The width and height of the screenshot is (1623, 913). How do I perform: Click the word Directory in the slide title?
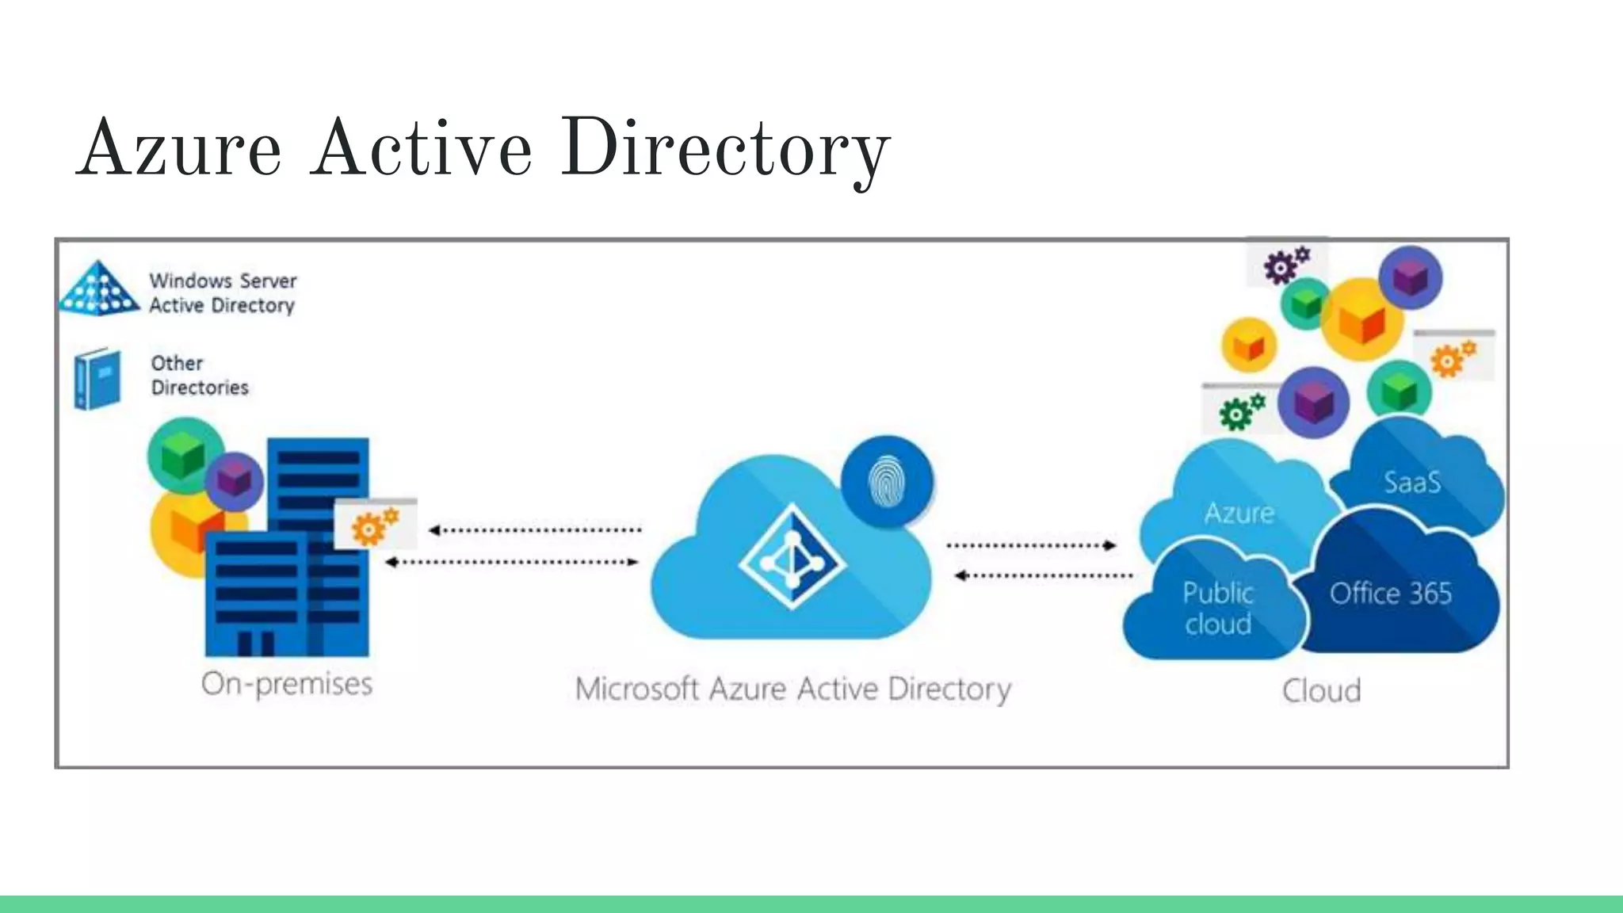click(725, 149)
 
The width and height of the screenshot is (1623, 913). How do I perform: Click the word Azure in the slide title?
click(181, 149)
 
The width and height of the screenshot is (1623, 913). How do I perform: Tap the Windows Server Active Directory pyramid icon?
click(99, 289)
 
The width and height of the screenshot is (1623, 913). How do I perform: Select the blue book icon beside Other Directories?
click(97, 379)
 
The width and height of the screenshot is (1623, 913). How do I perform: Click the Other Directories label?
click(200, 375)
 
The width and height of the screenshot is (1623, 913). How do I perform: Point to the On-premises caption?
click(287, 684)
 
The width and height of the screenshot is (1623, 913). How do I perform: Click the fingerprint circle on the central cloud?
click(887, 481)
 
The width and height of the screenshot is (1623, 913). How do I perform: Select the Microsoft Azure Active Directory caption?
click(792, 689)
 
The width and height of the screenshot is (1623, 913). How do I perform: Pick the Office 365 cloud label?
click(1391, 594)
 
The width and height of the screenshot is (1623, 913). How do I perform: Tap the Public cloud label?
click(1218, 609)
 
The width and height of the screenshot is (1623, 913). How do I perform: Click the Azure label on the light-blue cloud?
click(1239, 514)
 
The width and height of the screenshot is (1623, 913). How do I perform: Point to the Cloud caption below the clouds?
click(1322, 691)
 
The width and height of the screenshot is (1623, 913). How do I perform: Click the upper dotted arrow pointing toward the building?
click(535, 530)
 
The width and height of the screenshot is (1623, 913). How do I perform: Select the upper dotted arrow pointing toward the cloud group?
click(1031, 545)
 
